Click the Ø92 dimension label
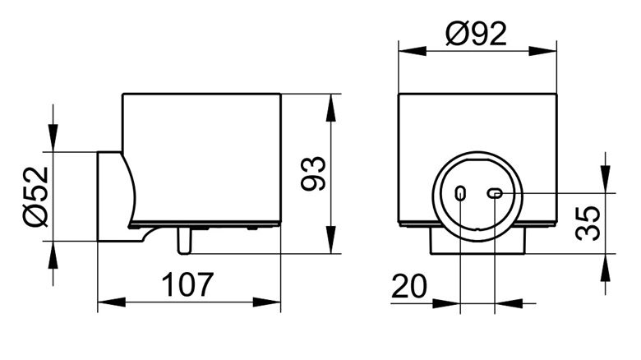[477, 34]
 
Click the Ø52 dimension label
[36, 196]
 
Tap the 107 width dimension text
[188, 284]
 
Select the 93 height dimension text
[313, 173]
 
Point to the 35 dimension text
[588, 223]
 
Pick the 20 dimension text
[409, 286]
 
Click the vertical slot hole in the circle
[460, 193]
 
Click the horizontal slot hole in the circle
[495, 193]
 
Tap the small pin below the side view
[184, 241]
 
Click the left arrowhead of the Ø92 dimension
[412, 51]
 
